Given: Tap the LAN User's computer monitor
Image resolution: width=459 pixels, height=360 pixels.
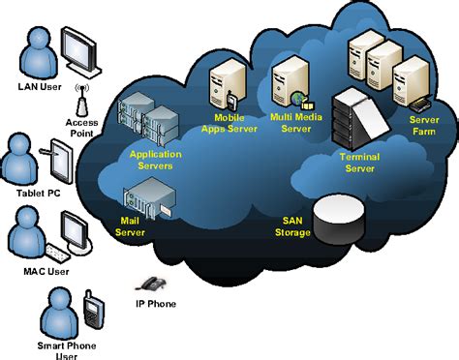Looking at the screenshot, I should (78, 47).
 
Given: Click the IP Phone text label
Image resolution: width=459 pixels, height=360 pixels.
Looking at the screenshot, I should (157, 303).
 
